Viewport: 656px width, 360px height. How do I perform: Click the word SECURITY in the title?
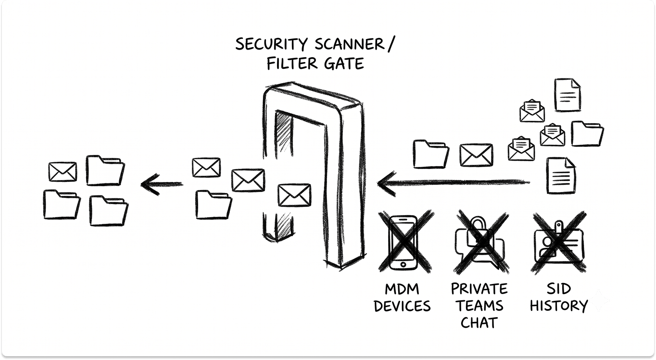click(271, 44)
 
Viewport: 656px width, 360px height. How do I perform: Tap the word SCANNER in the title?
click(349, 44)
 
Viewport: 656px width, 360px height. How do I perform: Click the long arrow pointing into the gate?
click(454, 182)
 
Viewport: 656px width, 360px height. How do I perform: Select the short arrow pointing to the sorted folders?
click(162, 184)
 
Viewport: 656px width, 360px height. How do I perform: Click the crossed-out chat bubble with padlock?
click(481, 242)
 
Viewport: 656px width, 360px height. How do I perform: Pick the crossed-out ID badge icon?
click(559, 243)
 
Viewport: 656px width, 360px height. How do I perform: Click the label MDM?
click(402, 289)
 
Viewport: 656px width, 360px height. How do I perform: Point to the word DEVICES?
click(402, 306)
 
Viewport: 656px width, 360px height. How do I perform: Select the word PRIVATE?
click(479, 289)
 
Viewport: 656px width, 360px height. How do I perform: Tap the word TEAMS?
click(479, 306)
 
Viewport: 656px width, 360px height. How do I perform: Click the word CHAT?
click(479, 323)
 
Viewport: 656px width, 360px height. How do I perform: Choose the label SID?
click(559, 289)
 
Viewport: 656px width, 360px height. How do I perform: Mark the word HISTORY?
click(559, 306)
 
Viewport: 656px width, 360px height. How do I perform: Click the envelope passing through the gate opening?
click(294, 195)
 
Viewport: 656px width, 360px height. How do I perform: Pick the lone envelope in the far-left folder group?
click(63, 172)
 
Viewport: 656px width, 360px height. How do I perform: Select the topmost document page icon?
click(568, 95)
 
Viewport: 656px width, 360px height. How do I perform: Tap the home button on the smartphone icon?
click(403, 264)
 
